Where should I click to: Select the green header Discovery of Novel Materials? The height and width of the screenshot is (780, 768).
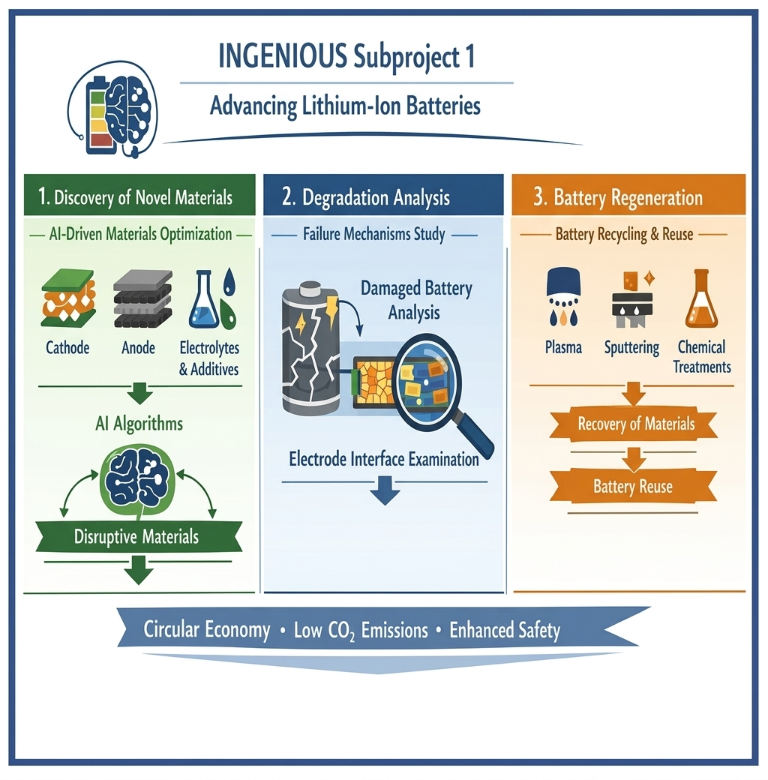(135, 197)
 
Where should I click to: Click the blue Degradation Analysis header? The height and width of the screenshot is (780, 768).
(382, 197)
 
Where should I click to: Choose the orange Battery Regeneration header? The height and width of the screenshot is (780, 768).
(628, 197)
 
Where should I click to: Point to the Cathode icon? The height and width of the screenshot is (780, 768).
(67, 300)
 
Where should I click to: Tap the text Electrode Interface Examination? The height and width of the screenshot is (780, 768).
(384, 459)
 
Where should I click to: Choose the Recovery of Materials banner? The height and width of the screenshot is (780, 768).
(636, 424)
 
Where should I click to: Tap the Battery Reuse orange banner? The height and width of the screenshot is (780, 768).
(633, 486)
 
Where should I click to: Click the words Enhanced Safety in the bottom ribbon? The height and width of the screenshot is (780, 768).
(504, 630)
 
